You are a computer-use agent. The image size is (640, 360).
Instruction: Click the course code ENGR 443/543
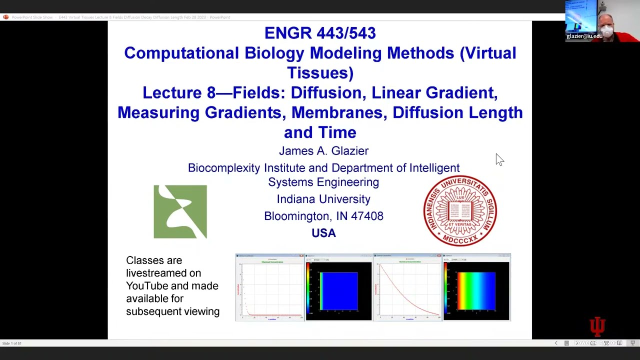(x=320, y=33)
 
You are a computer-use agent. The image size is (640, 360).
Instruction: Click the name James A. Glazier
(x=323, y=151)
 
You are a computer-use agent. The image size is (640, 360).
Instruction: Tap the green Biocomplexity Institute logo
(x=180, y=211)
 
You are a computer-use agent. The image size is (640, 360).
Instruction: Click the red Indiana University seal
(x=460, y=210)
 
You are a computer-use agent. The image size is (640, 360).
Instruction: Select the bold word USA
(x=323, y=233)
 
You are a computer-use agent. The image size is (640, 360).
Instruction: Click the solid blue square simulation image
(x=339, y=290)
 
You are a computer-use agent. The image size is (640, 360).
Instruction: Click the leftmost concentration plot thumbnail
(x=270, y=287)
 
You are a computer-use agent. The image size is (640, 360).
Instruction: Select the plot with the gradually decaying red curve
(x=407, y=287)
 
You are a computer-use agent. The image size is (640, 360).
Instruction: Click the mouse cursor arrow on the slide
(x=499, y=159)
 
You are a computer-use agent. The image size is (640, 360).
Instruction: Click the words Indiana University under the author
(x=323, y=199)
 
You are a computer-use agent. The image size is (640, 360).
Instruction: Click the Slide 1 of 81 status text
(x=12, y=343)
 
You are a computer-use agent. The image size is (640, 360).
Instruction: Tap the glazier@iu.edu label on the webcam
(x=584, y=36)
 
